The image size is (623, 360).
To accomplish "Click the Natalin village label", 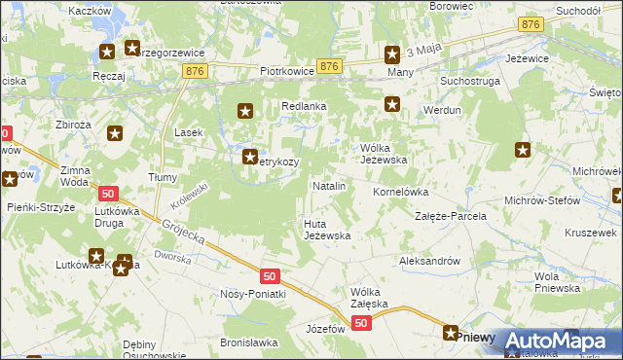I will pyautogui.click(x=328, y=185).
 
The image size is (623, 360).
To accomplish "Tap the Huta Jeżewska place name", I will pyautogui.click(x=326, y=229).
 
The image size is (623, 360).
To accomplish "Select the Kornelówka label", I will pyautogui.click(x=401, y=192).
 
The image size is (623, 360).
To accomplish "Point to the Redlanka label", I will pyautogui.click(x=304, y=106).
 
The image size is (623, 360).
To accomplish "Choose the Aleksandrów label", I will pyautogui.click(x=429, y=261).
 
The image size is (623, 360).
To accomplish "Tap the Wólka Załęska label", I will pyautogui.click(x=369, y=298).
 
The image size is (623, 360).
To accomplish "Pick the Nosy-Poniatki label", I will pyautogui.click(x=253, y=294).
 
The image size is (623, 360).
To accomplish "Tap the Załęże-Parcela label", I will pyautogui.click(x=451, y=216).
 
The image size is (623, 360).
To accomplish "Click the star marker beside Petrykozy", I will pyautogui.click(x=249, y=155).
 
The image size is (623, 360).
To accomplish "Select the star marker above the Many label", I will pyautogui.click(x=392, y=55).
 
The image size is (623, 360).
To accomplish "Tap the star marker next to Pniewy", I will pyautogui.click(x=451, y=333).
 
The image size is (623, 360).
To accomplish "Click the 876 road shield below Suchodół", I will pyautogui.click(x=531, y=24).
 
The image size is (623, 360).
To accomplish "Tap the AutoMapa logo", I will pyautogui.click(x=556, y=341).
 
